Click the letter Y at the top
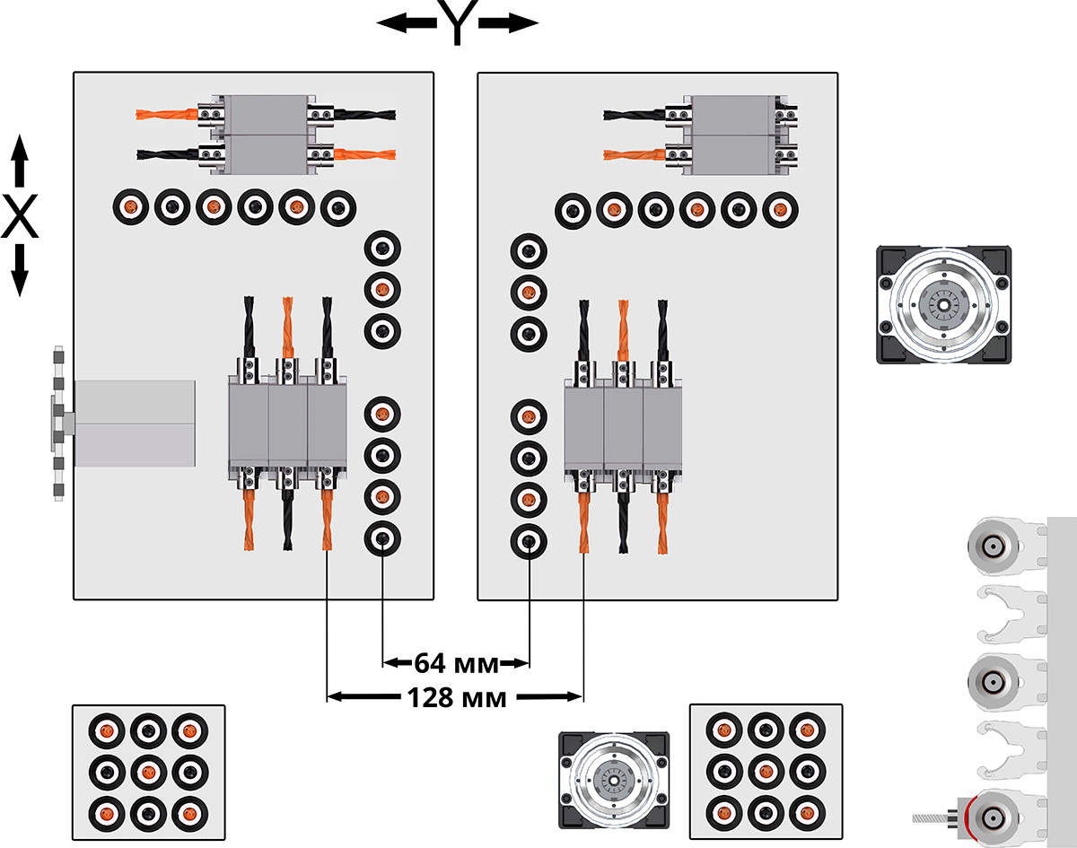coord(457,23)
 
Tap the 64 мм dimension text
coord(456,664)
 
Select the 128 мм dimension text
coord(456,696)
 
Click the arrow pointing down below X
coord(20,272)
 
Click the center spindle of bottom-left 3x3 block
coord(147,771)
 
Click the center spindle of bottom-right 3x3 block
coord(765,769)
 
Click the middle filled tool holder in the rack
coord(993,683)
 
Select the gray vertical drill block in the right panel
coord(623,425)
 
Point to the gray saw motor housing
coord(135,423)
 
